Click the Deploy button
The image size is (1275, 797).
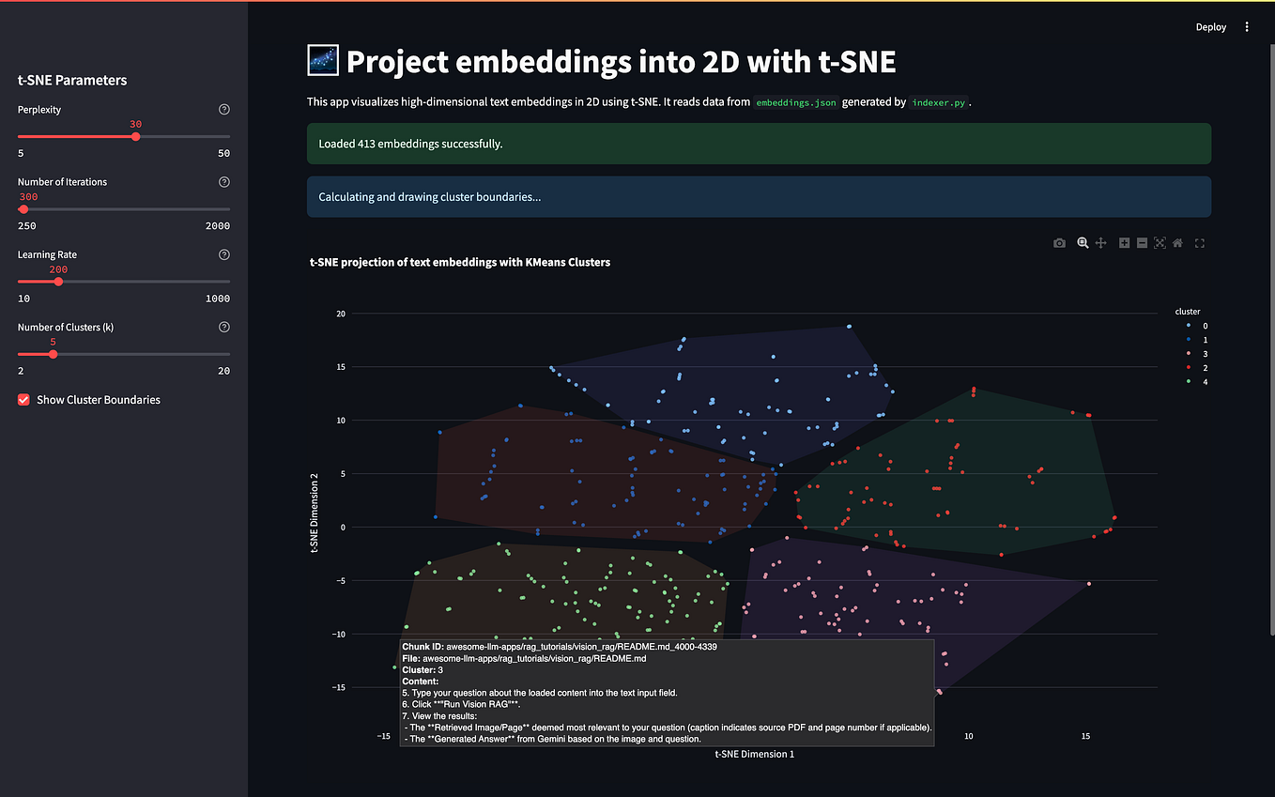[1210, 27]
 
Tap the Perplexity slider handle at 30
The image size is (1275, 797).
[136, 137]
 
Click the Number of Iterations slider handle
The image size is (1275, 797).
[23, 209]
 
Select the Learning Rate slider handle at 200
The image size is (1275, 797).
[58, 282]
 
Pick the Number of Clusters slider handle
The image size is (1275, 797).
[53, 354]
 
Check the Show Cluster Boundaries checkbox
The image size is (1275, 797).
[24, 400]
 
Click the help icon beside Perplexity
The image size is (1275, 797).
[223, 110]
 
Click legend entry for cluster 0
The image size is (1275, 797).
[1190, 326]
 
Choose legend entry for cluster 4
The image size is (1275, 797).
[1190, 382]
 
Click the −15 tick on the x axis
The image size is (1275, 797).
[384, 737]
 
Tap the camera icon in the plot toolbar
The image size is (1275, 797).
[1059, 243]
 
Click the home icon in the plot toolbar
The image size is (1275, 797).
[1177, 243]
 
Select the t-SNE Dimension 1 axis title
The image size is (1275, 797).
[754, 754]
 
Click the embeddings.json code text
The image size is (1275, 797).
[796, 102]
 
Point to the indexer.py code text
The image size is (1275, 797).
[939, 102]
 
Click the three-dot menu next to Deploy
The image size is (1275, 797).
[1247, 27]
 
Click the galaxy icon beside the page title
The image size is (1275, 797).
[323, 61]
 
